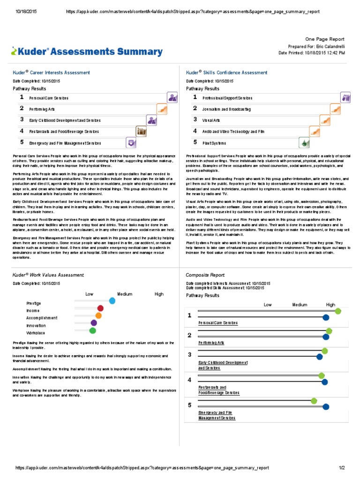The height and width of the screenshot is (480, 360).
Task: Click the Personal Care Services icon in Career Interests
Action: coord(172,97)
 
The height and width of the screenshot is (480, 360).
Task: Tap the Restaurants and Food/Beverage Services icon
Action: coord(141,131)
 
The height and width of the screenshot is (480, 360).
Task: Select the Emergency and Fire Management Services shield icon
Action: coord(131,142)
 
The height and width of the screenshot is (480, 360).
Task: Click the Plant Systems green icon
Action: coord(304,142)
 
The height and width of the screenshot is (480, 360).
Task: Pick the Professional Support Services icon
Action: coord(346,97)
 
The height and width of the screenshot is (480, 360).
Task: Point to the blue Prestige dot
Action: coord(112,301)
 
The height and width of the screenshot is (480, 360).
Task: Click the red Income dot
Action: coord(100,308)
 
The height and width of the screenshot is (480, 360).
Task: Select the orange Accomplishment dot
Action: coord(98,315)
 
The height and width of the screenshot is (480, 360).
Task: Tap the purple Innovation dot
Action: coord(94,323)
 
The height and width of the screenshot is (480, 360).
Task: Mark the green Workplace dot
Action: coord(93,330)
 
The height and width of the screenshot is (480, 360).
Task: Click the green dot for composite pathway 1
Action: coord(338,311)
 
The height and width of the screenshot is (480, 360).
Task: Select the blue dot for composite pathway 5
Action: coord(326,406)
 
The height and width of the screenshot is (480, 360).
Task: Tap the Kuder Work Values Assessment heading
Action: coord(48,275)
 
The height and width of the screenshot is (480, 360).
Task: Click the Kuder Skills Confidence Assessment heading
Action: coord(226,73)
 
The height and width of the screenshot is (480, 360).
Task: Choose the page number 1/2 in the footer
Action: coord(342,468)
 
